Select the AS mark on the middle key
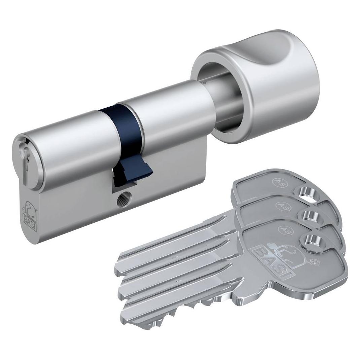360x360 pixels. [281, 205]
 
